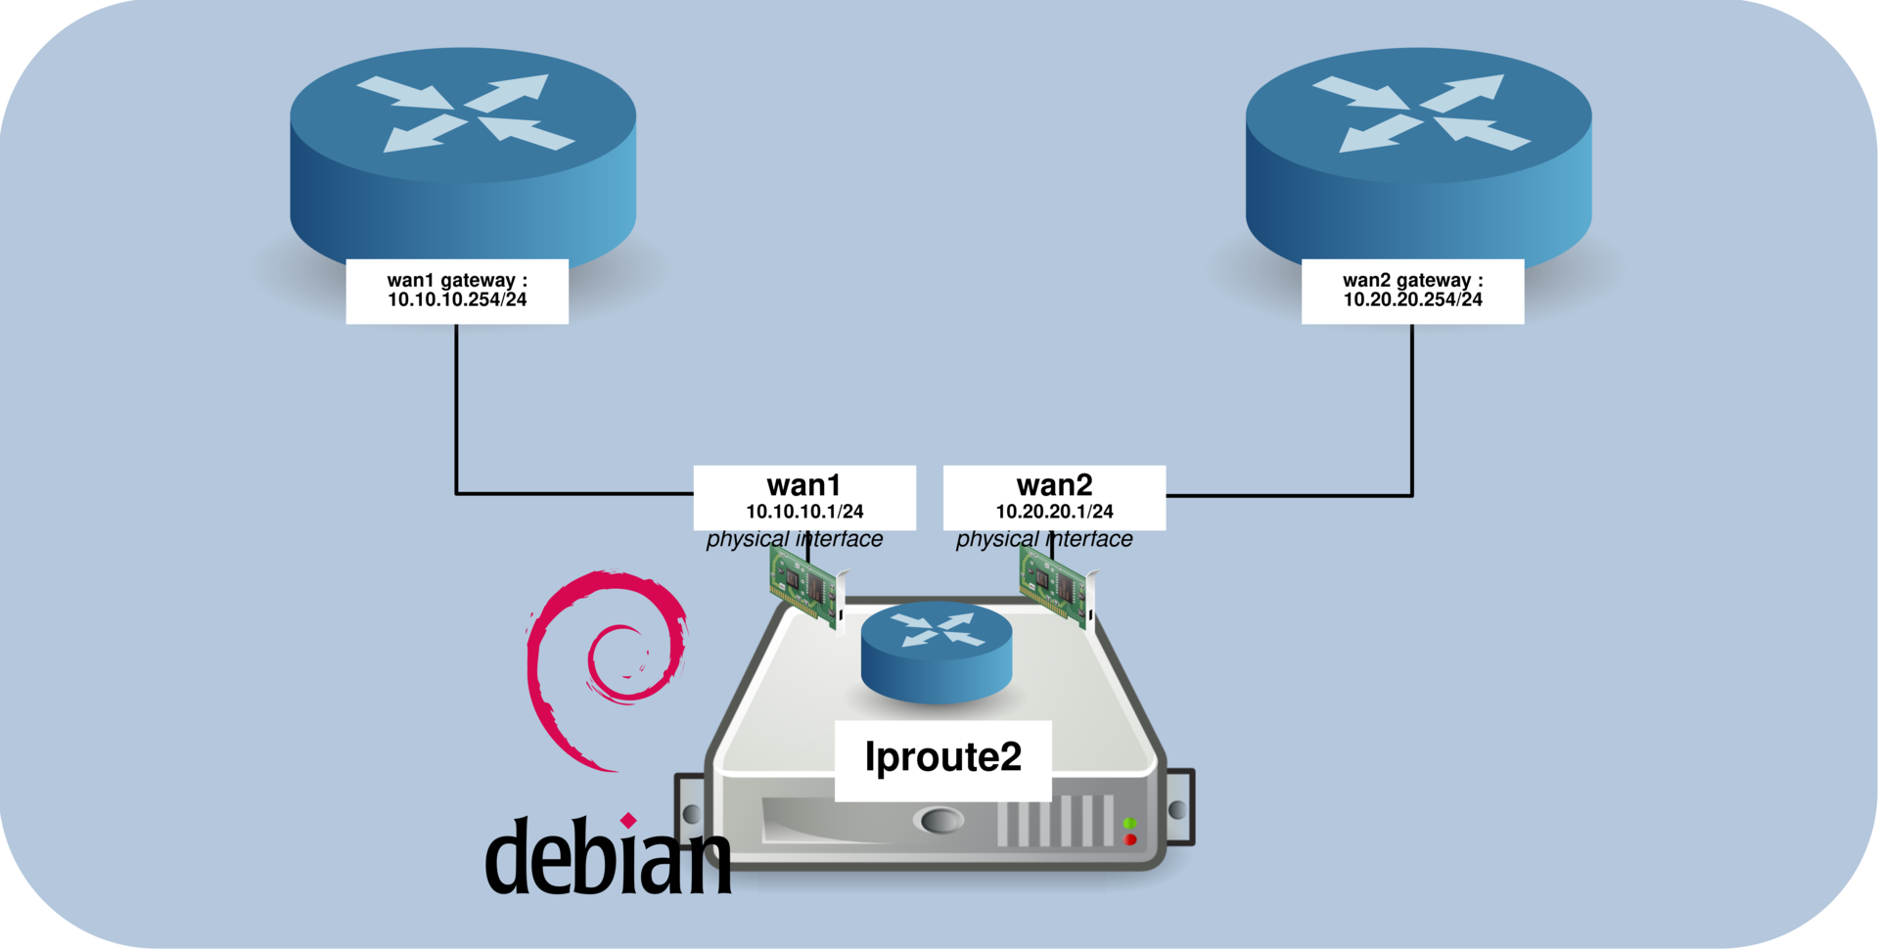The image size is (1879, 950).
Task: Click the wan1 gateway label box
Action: (457, 291)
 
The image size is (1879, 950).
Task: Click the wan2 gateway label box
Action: (1412, 291)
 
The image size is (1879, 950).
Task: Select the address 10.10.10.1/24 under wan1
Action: (804, 512)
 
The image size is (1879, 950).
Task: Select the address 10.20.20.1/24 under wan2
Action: (1054, 512)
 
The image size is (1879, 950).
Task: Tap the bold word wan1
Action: (804, 485)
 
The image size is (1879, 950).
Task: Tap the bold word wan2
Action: (1054, 485)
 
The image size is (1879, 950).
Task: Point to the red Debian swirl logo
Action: (602, 665)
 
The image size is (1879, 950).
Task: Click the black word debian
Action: (607, 856)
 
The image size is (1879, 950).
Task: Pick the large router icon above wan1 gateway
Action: (463, 157)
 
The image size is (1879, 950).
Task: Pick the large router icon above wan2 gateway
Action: (1418, 157)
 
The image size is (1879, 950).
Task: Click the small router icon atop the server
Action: (937, 651)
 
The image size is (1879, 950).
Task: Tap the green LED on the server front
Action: (1129, 823)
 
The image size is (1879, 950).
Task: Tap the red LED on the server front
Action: (1130, 839)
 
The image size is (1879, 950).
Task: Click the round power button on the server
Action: (937, 820)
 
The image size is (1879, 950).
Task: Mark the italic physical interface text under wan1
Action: (794, 539)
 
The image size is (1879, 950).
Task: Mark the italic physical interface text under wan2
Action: (1043, 539)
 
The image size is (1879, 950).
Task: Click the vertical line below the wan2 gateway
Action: (1411, 411)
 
